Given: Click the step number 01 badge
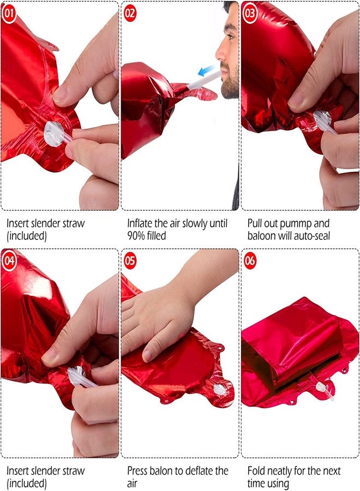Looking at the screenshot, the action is click(x=9, y=14).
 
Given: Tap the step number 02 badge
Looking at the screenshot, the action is click(x=130, y=14).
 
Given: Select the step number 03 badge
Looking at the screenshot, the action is click(x=250, y=14).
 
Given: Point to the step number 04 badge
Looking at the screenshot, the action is click(x=9, y=261).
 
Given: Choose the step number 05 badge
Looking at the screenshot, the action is click(x=130, y=261).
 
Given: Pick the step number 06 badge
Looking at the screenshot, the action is click(x=250, y=261).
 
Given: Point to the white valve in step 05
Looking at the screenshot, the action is click(x=219, y=389).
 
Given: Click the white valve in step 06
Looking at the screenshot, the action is click(x=321, y=388).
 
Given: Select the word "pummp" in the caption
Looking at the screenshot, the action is click(x=296, y=224).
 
